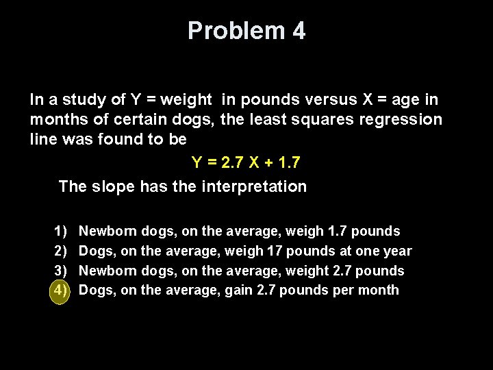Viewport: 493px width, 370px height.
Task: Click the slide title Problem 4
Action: pyautogui.click(x=246, y=31)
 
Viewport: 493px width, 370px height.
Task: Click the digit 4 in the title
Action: pyautogui.click(x=298, y=31)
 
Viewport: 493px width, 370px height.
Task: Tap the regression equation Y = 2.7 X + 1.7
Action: pyautogui.click(x=245, y=163)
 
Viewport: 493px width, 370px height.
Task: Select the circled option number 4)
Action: pyautogui.click(x=60, y=290)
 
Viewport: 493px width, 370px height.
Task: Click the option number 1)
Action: pyautogui.click(x=60, y=232)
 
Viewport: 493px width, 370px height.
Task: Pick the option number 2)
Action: pyautogui.click(x=60, y=251)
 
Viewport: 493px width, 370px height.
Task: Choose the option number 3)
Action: pyautogui.click(x=60, y=271)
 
